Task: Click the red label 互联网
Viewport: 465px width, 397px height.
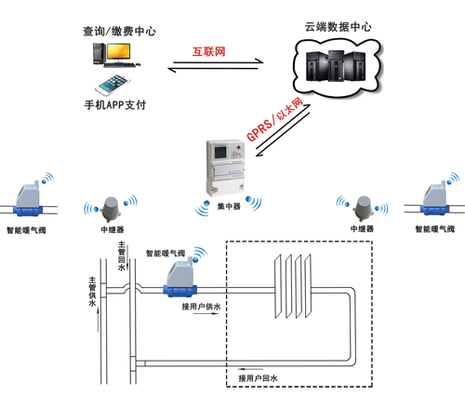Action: pos(208,51)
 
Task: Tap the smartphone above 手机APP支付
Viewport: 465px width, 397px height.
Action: pos(113,85)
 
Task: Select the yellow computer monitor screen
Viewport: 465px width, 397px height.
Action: pos(118,51)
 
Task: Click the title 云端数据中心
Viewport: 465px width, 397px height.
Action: pos(338,27)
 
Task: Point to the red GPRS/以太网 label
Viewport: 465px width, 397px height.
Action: pos(275,119)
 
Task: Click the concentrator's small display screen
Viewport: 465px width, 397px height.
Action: pos(221,152)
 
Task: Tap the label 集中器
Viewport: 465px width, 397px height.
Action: pos(229,206)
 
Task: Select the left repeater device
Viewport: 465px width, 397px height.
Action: pos(111,210)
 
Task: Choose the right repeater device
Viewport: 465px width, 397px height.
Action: pos(364,209)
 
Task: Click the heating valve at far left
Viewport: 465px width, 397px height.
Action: pos(28,198)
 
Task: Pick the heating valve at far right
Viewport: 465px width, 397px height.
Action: pos(435,198)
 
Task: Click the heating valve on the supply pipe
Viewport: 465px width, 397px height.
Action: pos(179,280)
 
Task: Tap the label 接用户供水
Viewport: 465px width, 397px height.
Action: pos(201,307)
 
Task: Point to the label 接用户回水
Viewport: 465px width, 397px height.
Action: pos(258,378)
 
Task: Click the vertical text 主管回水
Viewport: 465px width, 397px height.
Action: pos(122,256)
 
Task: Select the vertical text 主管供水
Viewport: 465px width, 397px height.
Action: pos(92,292)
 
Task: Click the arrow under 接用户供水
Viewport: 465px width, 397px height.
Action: pos(206,313)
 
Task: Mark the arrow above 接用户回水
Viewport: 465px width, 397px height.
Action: pos(250,370)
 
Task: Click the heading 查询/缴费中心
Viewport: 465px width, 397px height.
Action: pos(119,31)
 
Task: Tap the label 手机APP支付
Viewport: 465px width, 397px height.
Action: pos(115,105)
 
